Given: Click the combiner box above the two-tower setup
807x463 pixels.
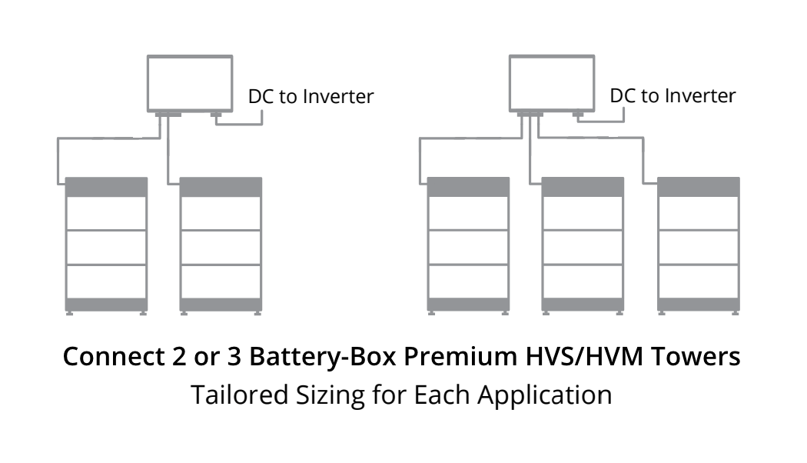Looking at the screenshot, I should (189, 82).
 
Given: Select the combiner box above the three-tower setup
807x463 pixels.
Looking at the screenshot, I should (550, 82).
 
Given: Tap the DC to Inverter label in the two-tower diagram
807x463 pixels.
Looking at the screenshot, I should (311, 97).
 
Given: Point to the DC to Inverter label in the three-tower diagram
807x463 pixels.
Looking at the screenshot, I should (672, 96).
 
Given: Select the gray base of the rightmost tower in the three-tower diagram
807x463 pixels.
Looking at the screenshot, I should (699, 305).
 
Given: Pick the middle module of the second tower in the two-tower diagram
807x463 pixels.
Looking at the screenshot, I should (221, 247).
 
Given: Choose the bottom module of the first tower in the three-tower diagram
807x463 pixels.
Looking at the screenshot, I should (468, 281).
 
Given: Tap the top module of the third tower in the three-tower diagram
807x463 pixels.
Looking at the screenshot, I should (699, 213).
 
